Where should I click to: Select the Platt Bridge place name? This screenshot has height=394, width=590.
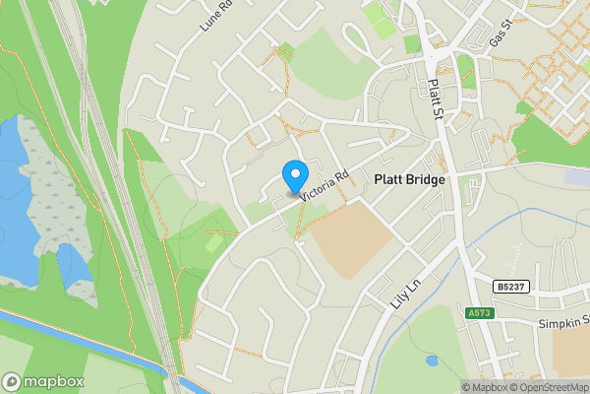(410, 180)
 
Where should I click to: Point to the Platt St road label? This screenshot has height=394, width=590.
(434, 100)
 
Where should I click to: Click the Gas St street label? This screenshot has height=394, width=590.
(501, 38)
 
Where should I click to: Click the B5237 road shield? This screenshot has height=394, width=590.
(510, 286)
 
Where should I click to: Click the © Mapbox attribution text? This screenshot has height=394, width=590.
(487, 387)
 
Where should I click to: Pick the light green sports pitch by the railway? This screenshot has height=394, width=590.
(214, 242)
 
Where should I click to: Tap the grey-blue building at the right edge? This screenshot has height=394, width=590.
(578, 176)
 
